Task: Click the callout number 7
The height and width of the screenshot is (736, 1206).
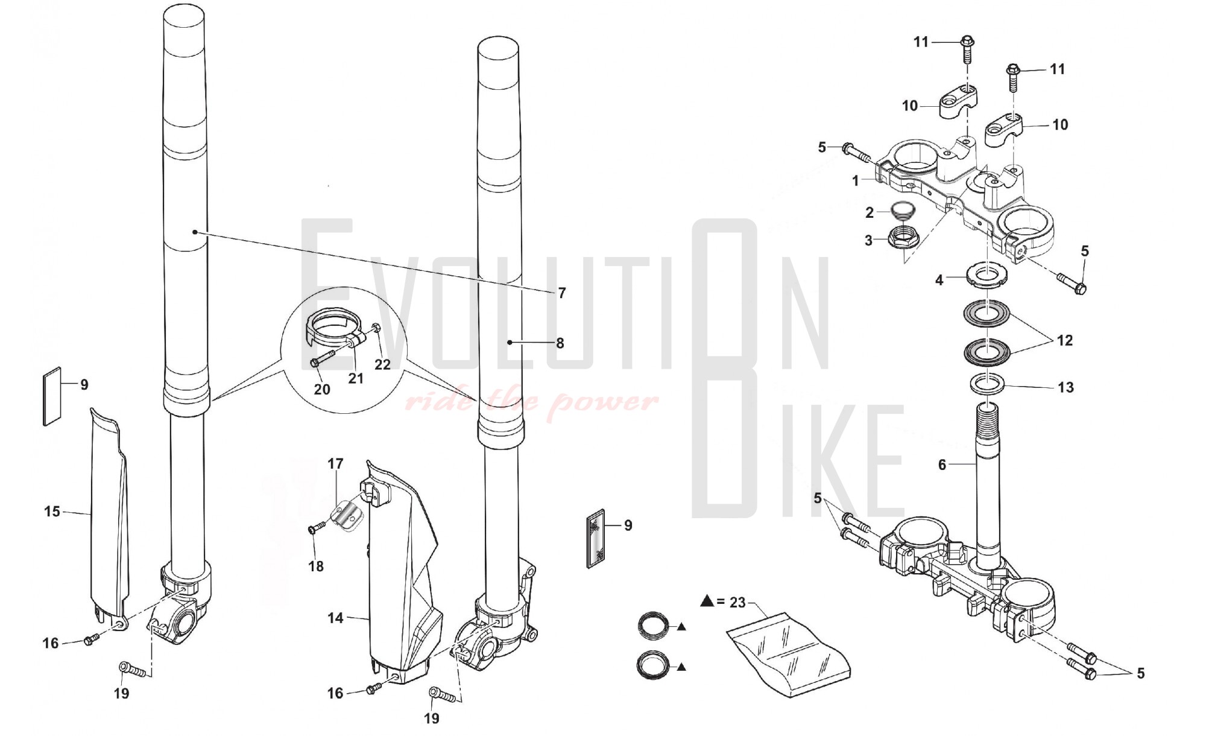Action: click(x=562, y=293)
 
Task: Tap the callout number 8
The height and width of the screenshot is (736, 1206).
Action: click(x=560, y=343)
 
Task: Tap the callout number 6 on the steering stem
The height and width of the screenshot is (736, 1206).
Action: click(x=942, y=465)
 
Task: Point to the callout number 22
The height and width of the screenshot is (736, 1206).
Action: click(x=383, y=364)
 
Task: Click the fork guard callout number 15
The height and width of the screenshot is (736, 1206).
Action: click(x=52, y=512)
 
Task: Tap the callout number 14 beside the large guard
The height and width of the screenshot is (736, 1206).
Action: click(x=336, y=618)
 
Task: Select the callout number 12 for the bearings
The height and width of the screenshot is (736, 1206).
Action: click(x=1065, y=341)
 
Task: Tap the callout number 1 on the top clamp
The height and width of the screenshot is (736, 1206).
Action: click(x=856, y=181)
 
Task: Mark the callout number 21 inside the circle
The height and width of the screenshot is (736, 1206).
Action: click(x=356, y=378)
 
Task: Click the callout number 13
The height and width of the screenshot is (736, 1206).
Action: click(x=1066, y=387)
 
